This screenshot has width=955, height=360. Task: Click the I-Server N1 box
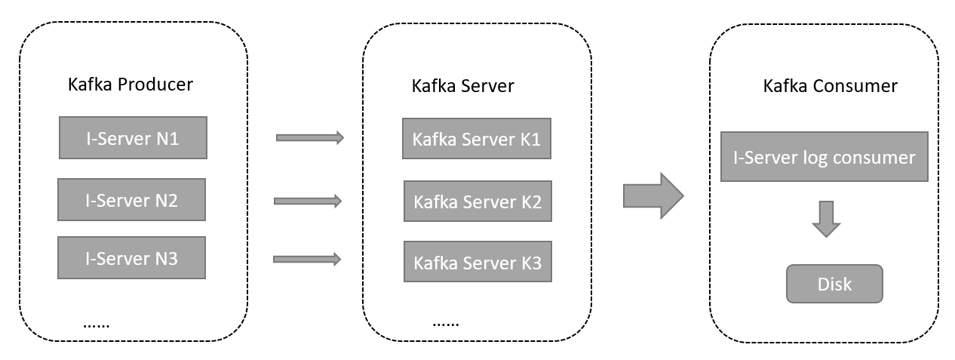(x=133, y=137)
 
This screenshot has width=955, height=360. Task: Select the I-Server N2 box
(x=131, y=200)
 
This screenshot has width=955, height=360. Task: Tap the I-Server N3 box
(x=131, y=258)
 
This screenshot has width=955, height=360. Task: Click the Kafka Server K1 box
(x=477, y=139)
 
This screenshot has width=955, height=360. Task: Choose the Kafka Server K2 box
(x=477, y=201)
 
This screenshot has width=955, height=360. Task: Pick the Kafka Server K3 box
(x=477, y=263)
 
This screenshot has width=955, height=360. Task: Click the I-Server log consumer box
(x=824, y=157)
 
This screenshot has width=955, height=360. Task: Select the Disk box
(x=834, y=284)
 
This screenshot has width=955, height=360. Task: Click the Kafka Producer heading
(x=131, y=84)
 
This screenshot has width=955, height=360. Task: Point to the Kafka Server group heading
(x=462, y=85)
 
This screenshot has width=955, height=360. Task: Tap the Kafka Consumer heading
(x=830, y=85)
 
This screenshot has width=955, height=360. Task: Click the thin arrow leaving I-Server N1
(x=310, y=137)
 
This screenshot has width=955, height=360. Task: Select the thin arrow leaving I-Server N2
(x=308, y=201)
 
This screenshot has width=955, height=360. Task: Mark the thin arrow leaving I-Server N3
(x=307, y=259)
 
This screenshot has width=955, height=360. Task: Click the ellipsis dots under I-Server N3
(x=97, y=325)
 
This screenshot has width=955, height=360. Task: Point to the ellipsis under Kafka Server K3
(x=445, y=323)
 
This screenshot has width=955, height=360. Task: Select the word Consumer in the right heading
(x=855, y=85)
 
